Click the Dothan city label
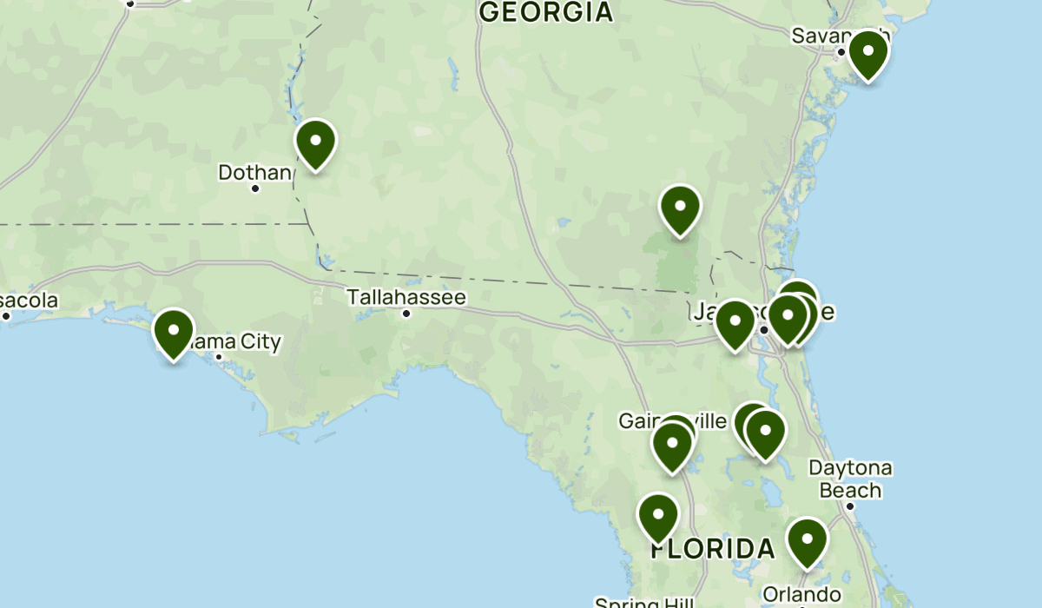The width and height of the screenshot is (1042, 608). [254, 173]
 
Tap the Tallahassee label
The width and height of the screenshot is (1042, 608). [406, 297]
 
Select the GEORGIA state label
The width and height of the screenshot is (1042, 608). [546, 11]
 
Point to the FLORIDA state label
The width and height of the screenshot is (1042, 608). [713, 549]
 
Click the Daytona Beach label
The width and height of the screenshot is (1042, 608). [850, 479]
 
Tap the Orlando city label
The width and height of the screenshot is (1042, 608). [801, 594]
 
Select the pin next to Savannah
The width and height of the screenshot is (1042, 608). [867, 54]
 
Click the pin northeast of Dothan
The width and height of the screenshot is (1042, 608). [315, 142]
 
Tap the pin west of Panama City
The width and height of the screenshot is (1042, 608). [174, 333]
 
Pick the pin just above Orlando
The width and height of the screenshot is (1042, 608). [808, 541]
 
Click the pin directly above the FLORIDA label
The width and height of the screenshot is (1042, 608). [658, 517]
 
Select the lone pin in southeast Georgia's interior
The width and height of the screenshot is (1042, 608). [680, 208]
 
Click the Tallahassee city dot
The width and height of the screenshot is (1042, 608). [406, 313]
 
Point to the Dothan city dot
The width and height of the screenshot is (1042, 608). [255, 188]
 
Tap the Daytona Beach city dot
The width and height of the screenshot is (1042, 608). [850, 506]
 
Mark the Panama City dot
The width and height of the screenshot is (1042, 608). [219, 357]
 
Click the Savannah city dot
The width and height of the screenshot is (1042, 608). [841, 52]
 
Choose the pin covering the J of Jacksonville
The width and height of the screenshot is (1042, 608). [735, 323]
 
